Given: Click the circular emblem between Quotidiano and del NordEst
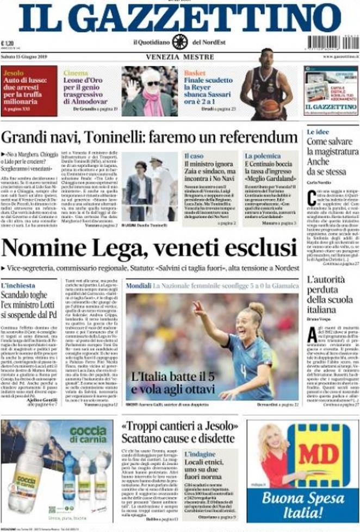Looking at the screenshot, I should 180,42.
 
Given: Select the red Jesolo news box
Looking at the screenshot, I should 29,91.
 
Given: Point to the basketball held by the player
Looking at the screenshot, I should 270,107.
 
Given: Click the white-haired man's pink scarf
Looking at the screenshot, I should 153,102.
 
